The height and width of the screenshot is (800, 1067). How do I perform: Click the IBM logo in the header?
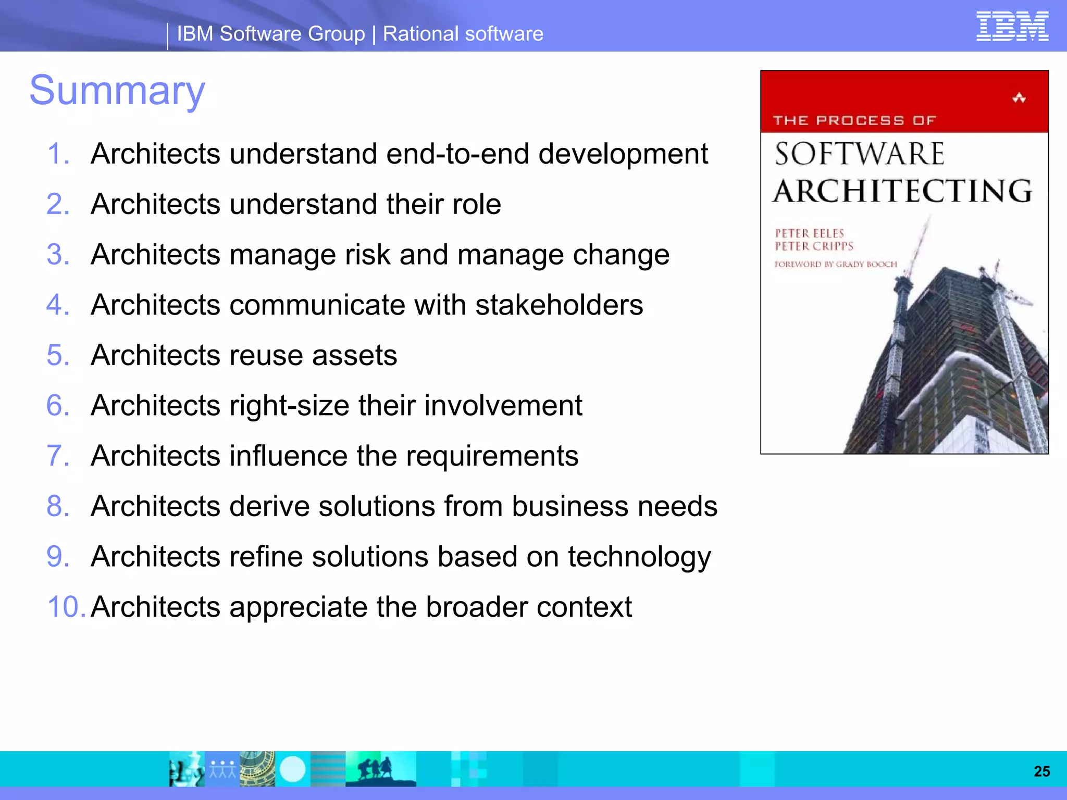(1012, 27)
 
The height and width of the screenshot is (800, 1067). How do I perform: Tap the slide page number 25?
(1041, 771)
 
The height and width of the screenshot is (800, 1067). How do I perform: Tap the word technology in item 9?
(639, 557)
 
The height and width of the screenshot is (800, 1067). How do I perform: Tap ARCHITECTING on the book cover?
(902, 191)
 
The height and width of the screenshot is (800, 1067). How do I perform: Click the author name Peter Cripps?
(814, 246)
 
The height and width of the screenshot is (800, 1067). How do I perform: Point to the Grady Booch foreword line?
(836, 264)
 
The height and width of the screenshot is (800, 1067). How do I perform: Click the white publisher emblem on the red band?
(1019, 98)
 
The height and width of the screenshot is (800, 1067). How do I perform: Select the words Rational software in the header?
(463, 34)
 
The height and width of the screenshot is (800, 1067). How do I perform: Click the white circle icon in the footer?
(292, 769)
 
